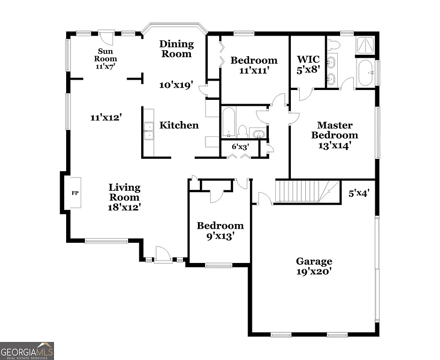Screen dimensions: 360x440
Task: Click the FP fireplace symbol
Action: [x=75, y=193]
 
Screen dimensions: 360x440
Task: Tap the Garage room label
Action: [x=314, y=262]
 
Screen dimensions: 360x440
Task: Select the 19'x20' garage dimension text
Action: [x=314, y=272]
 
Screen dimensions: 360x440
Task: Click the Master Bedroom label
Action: [x=334, y=130]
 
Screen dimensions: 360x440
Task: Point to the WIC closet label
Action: [x=308, y=60]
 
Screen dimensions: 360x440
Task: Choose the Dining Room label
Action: [x=176, y=49]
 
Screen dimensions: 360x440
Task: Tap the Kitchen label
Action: [x=179, y=125]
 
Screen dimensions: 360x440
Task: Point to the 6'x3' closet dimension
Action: [x=240, y=146]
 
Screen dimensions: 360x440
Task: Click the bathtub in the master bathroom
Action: [x=364, y=73]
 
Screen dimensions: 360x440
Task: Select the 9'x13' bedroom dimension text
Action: [x=220, y=236]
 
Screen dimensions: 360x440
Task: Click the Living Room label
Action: [x=124, y=192]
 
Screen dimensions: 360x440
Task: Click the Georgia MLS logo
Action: [x=27, y=351]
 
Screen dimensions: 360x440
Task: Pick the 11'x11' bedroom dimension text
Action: [x=254, y=71]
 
